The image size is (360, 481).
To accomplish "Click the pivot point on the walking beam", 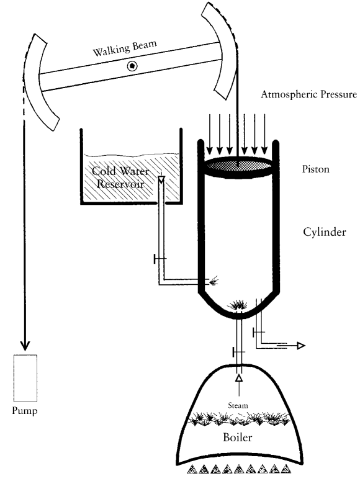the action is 132,66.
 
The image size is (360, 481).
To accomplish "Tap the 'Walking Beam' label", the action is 125,48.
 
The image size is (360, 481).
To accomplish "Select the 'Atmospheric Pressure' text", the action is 308,94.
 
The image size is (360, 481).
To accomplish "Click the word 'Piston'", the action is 315,169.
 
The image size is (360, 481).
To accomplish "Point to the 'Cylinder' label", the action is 325,232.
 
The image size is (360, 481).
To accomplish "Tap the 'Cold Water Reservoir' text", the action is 120,178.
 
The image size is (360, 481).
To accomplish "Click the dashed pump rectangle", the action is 25,378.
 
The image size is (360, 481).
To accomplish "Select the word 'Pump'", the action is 25,410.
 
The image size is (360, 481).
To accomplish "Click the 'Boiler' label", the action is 238,437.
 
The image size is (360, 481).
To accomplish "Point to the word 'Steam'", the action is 238,405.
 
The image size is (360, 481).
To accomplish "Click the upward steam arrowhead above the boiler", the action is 239,377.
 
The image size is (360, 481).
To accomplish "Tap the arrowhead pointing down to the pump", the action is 25,346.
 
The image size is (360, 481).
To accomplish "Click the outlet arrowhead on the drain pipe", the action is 301,346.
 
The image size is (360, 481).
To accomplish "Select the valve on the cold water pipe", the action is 160,259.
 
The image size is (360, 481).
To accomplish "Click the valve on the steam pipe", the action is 239,352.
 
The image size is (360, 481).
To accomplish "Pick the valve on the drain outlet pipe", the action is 258,332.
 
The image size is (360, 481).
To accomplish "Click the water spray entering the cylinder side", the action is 214,281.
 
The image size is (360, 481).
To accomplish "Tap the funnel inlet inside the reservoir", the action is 161,179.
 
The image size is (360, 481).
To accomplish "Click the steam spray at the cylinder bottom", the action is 238,305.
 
